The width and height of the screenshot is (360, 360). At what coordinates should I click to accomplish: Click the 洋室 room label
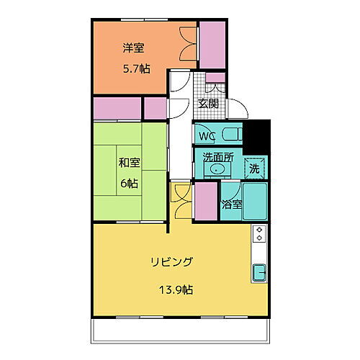point(133,49)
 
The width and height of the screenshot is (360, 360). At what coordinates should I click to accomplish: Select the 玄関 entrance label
point(209,103)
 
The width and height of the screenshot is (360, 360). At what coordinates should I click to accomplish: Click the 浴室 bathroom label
point(231,204)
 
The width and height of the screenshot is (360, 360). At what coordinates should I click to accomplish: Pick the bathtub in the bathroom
point(256,203)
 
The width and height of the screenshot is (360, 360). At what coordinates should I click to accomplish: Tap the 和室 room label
point(130,162)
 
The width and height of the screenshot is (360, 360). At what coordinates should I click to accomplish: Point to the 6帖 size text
point(130,184)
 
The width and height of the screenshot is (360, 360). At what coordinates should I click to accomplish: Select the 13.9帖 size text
point(176,290)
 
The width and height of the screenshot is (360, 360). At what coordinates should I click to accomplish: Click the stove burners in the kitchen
point(260,235)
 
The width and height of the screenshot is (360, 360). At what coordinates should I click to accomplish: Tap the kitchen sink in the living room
point(260,273)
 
